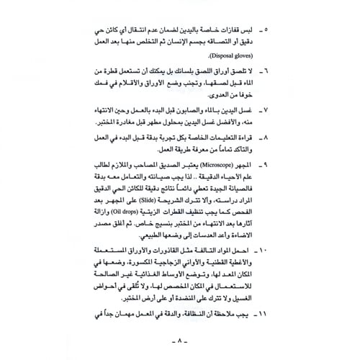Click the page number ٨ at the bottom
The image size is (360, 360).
coord(180,342)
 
